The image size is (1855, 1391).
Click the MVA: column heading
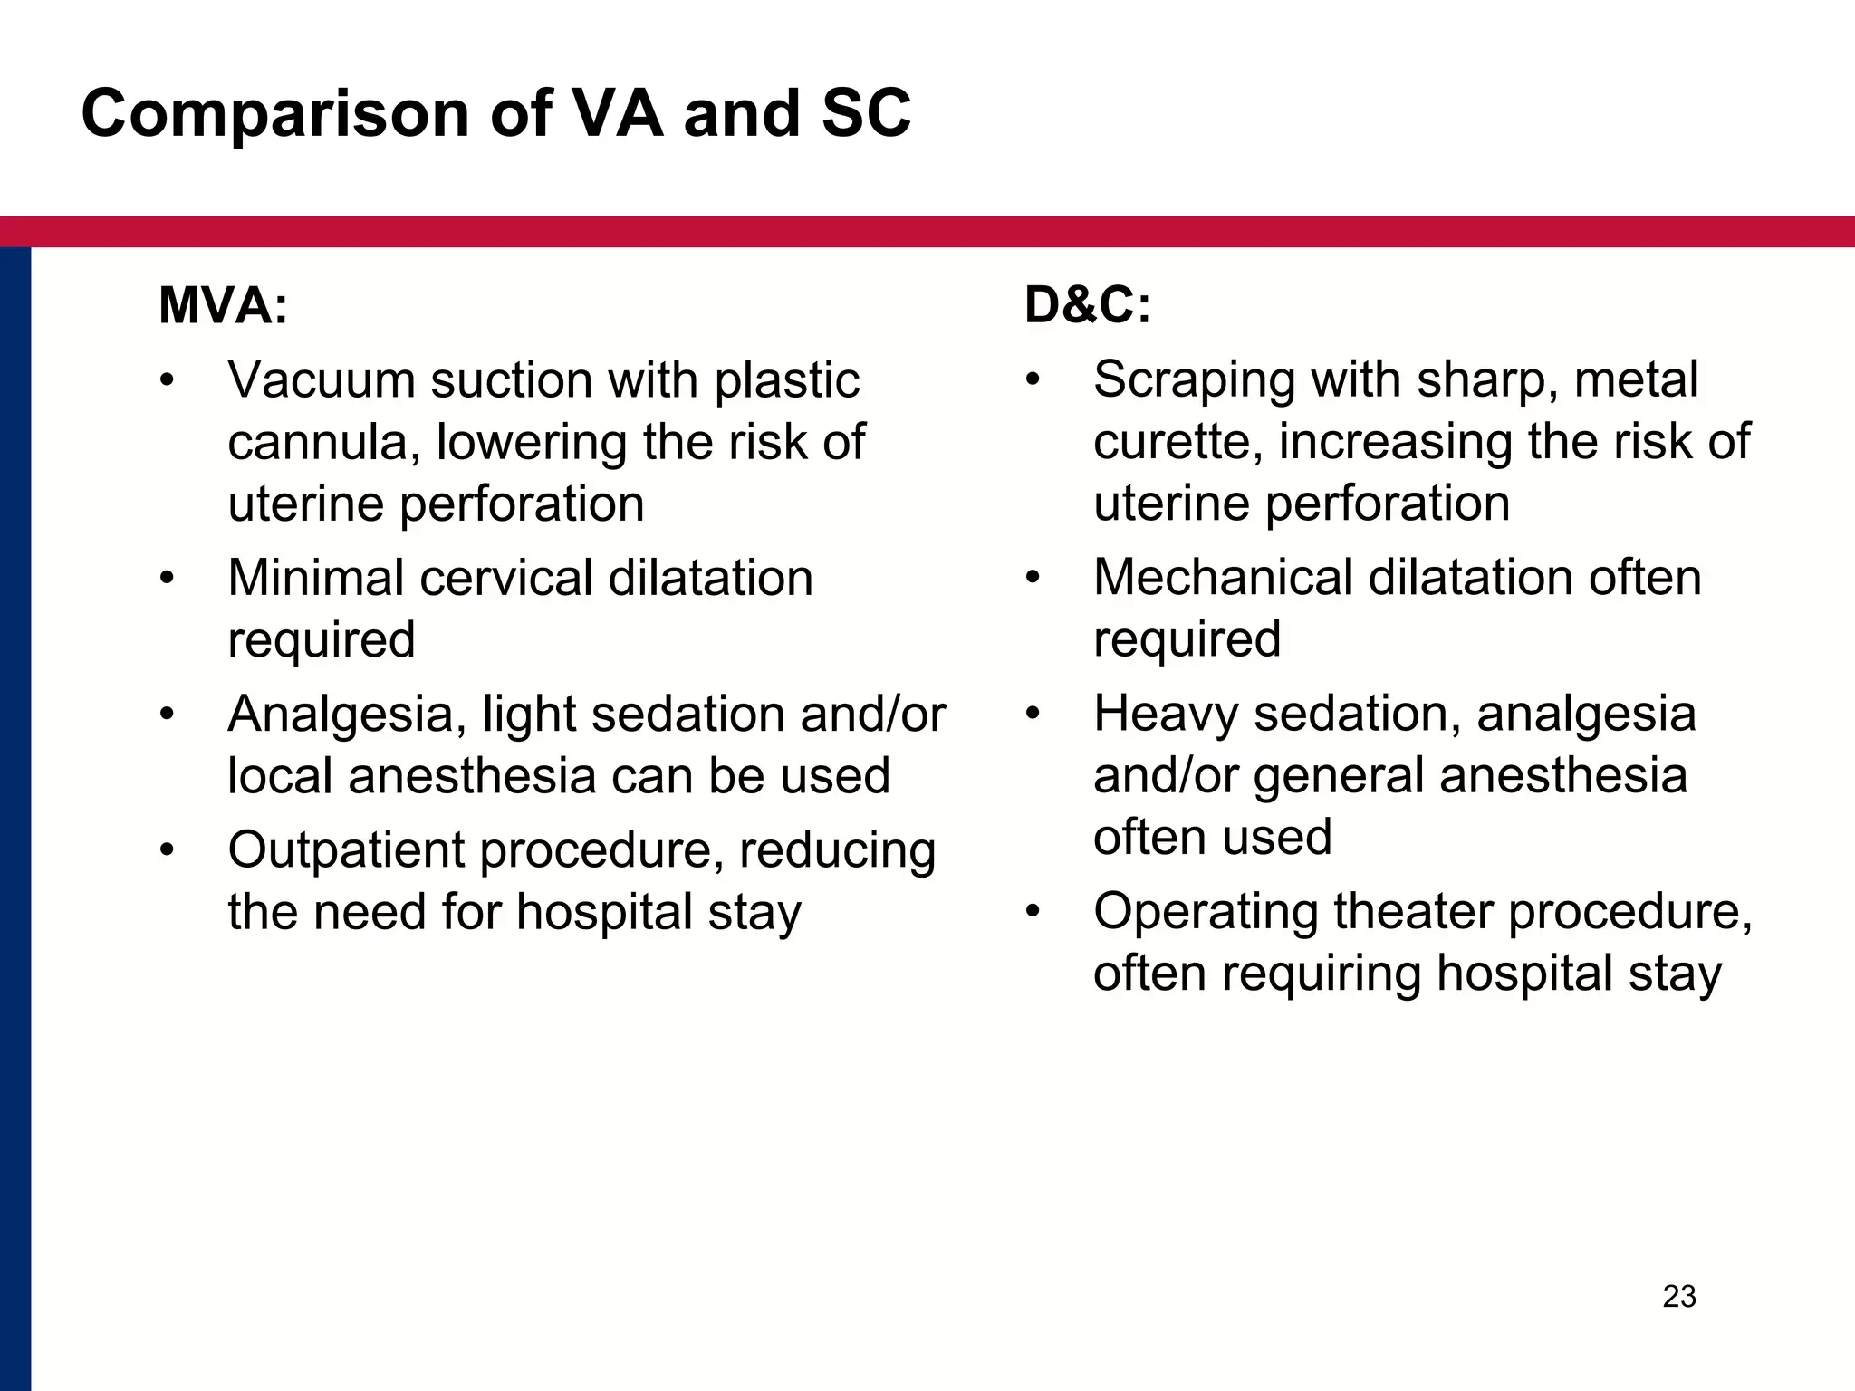click(x=223, y=305)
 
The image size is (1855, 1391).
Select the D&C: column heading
click(x=1087, y=305)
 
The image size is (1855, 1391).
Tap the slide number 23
click(x=1679, y=1297)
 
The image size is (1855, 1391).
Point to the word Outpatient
click(x=345, y=851)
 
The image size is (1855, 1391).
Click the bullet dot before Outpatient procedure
click(x=166, y=851)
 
